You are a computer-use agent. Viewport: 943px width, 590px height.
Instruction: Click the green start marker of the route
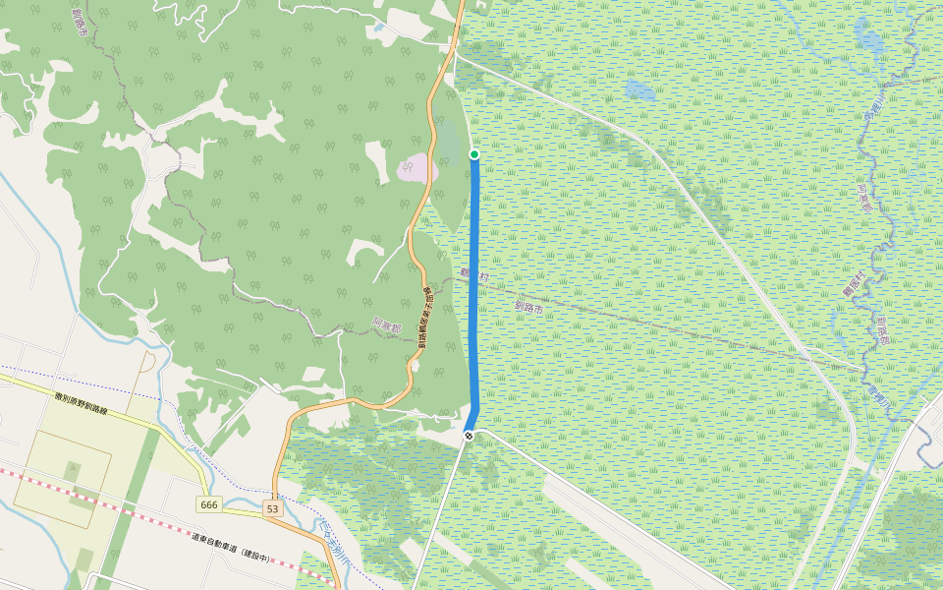pyautogui.click(x=474, y=154)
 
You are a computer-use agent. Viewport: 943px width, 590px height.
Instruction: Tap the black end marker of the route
pyautogui.click(x=471, y=435)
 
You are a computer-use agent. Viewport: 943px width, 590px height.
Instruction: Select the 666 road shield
pyautogui.click(x=208, y=504)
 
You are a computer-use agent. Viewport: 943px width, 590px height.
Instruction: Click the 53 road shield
pyautogui.click(x=272, y=508)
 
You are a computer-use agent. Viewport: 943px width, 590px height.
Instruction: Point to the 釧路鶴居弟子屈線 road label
pyautogui.click(x=424, y=317)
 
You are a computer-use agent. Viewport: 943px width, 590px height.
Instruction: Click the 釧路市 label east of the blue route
pyautogui.click(x=528, y=307)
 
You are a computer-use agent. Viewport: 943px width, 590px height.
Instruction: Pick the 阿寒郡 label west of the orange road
pyautogui.click(x=386, y=324)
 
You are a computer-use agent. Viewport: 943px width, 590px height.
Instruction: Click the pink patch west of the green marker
pyautogui.click(x=417, y=168)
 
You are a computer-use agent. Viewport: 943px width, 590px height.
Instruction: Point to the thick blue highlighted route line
pyautogui.click(x=475, y=295)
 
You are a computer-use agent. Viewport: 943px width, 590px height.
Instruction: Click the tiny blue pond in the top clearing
pyautogui.click(x=378, y=28)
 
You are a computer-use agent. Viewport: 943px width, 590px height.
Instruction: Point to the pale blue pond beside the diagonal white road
pyautogui.click(x=638, y=91)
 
